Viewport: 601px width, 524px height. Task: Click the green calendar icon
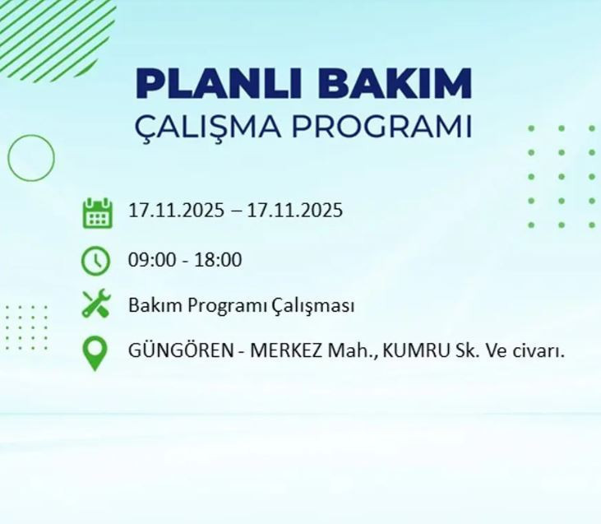point(96,212)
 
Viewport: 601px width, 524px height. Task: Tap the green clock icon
point(96,261)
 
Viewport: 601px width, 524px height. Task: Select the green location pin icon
point(95,353)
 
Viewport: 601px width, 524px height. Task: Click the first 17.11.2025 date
point(176,211)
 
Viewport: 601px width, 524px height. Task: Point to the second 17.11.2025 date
point(294,211)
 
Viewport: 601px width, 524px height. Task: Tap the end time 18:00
point(217,260)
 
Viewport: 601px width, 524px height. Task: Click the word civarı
point(539,351)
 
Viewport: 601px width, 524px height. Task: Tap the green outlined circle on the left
point(31,158)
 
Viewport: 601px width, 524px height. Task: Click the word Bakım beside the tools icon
point(155,306)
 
